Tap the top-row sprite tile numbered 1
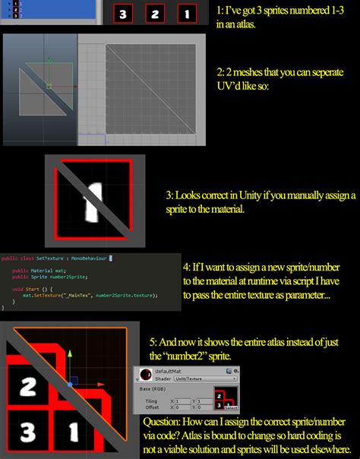[186, 13]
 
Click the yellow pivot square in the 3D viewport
[48, 86]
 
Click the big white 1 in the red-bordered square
[95, 201]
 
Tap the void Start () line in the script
[31, 289]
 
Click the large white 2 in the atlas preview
[28, 387]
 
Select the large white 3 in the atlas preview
[27, 434]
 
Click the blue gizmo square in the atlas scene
[70, 378]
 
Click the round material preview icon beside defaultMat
[144, 374]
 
